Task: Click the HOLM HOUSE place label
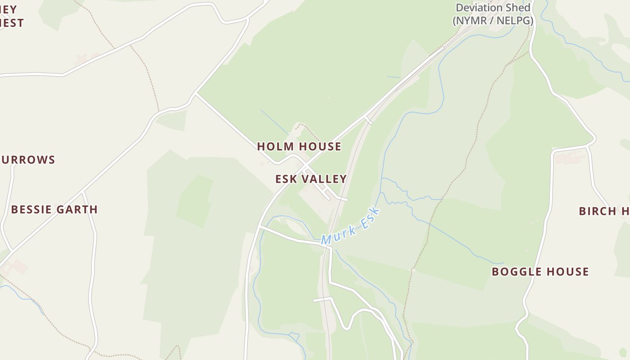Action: coord(299,146)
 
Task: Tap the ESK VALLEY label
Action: coord(311,179)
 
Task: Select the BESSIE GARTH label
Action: coord(54,209)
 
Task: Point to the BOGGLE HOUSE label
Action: coord(540,272)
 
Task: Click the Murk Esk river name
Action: coord(351,226)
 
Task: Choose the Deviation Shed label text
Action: coord(493,8)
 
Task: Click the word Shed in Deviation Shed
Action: coord(518,8)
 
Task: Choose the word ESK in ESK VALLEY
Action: coord(286,179)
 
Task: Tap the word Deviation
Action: coord(480,8)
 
